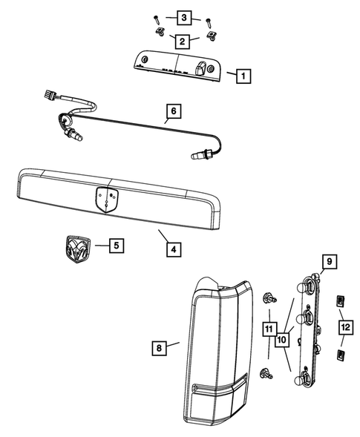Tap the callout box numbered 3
183,16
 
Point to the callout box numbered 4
172,249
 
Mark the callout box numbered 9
330,261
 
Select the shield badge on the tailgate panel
108,199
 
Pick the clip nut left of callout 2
160,33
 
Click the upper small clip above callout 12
340,301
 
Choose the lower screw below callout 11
266,374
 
